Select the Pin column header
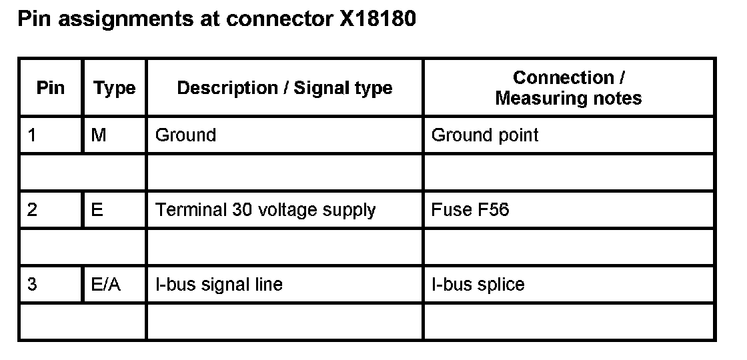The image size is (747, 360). pos(51,88)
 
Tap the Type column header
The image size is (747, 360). pos(114,88)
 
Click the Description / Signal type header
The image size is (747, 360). pos(285,88)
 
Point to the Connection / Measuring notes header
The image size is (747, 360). pos(568,88)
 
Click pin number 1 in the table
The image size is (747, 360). pos(32,135)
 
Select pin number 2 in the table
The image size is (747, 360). pos(32,210)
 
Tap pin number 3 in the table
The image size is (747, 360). pos(32,285)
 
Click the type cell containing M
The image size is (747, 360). pos(98,135)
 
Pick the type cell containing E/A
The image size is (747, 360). pos(105,285)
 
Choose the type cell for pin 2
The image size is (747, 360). pos(97,210)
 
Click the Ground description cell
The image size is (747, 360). pos(185,135)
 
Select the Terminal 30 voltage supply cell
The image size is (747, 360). pos(265,210)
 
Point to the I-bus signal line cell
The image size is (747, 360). pos(219,285)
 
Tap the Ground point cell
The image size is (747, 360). pos(485,135)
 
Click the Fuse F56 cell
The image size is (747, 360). pos(470,210)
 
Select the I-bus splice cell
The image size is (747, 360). pos(478,285)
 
